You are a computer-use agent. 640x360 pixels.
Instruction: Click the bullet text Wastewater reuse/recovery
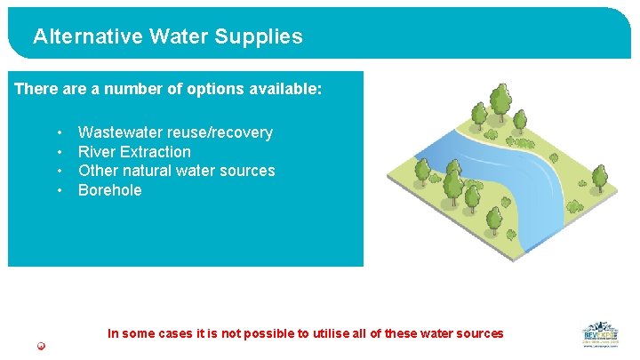tap(175, 132)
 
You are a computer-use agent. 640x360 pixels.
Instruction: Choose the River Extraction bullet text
tap(134, 152)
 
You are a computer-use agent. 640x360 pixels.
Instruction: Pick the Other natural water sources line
tap(176, 171)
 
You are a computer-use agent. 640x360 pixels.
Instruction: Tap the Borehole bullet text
tap(109, 190)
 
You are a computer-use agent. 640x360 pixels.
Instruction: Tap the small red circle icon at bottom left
tap(41, 346)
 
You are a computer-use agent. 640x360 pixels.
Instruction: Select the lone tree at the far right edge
tap(601, 178)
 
